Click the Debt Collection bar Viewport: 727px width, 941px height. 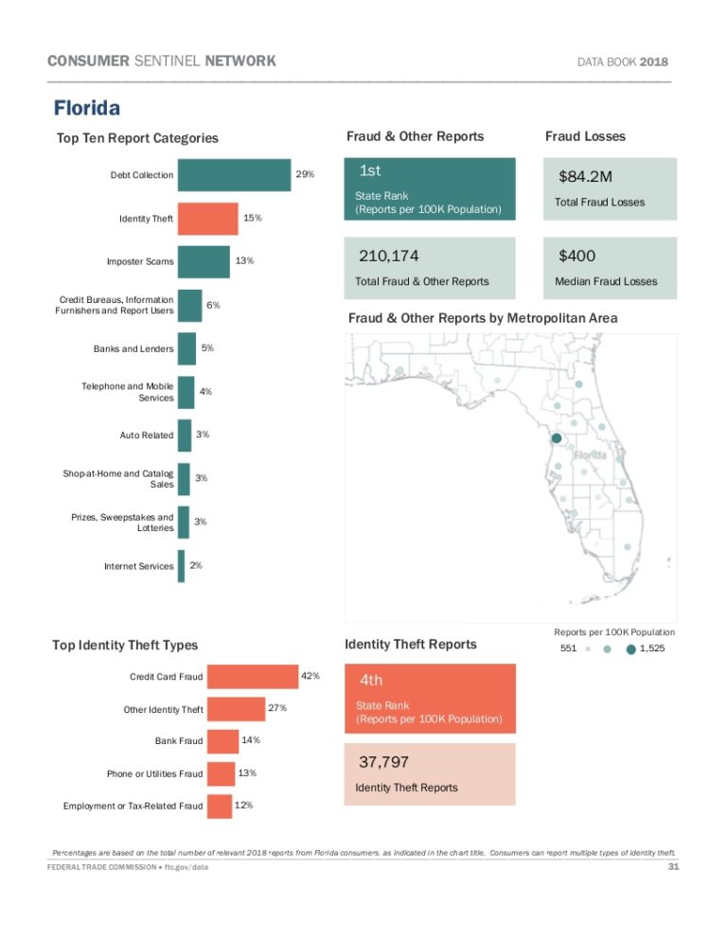[x=234, y=175]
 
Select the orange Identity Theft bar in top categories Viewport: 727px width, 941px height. [x=208, y=219]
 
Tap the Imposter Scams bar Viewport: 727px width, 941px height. [x=204, y=261]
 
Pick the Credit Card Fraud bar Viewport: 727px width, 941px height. [x=253, y=677]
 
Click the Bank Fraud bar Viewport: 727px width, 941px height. [x=222, y=740]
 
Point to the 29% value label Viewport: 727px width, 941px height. [x=305, y=175]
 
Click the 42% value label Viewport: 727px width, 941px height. [x=310, y=677]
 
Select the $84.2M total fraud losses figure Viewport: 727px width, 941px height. [x=585, y=177]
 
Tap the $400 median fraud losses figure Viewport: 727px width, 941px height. [x=577, y=256]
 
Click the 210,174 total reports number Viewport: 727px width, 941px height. [x=389, y=256]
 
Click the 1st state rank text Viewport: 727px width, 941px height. [x=370, y=171]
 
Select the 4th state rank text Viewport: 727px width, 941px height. [x=371, y=680]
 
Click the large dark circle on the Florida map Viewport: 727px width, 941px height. [x=557, y=438]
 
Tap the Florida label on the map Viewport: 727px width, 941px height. [x=587, y=454]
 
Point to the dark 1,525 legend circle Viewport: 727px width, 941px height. [x=630, y=650]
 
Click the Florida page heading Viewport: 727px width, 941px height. [x=86, y=109]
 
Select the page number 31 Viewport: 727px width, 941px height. [x=674, y=867]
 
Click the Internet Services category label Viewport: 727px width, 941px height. [x=139, y=567]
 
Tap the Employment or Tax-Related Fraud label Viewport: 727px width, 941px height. [x=133, y=807]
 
